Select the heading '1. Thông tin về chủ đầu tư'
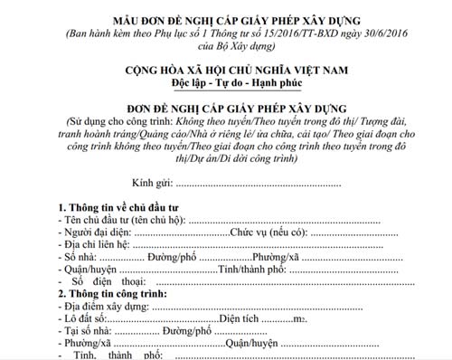(118, 206)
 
